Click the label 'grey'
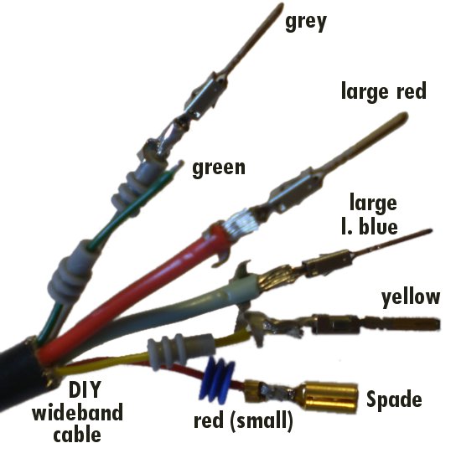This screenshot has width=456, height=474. [x=306, y=22]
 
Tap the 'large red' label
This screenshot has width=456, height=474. [x=384, y=90]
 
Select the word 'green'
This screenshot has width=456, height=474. [x=219, y=168]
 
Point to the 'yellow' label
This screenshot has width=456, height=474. [x=411, y=298]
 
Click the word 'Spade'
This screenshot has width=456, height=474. [x=394, y=399]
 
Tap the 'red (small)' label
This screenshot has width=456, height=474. [x=243, y=420]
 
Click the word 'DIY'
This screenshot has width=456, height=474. [x=85, y=389]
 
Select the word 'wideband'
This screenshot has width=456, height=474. [x=78, y=412]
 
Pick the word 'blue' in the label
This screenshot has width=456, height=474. [x=378, y=226]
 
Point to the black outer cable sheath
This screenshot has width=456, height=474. [x=21, y=375]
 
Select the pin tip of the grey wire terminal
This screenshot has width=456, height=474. [x=280, y=7]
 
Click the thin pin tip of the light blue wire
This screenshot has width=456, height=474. [x=428, y=232]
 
